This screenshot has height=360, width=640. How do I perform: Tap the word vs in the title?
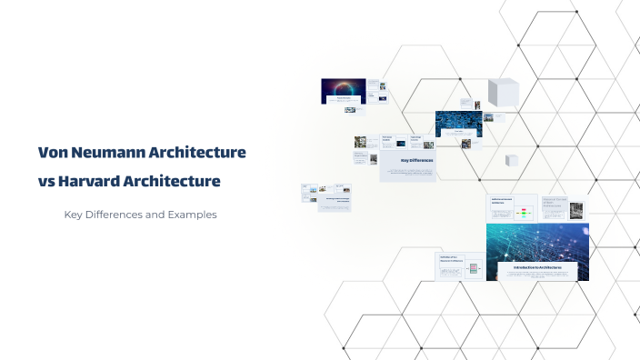click(46, 181)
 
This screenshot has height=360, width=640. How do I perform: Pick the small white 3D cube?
click(512, 160)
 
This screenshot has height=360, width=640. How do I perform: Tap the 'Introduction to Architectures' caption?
click(538, 267)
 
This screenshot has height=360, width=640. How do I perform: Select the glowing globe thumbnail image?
click(344, 89)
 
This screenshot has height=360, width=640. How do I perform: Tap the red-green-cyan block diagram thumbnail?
click(525, 214)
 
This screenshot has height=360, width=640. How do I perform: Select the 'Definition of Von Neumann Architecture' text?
click(451, 261)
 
